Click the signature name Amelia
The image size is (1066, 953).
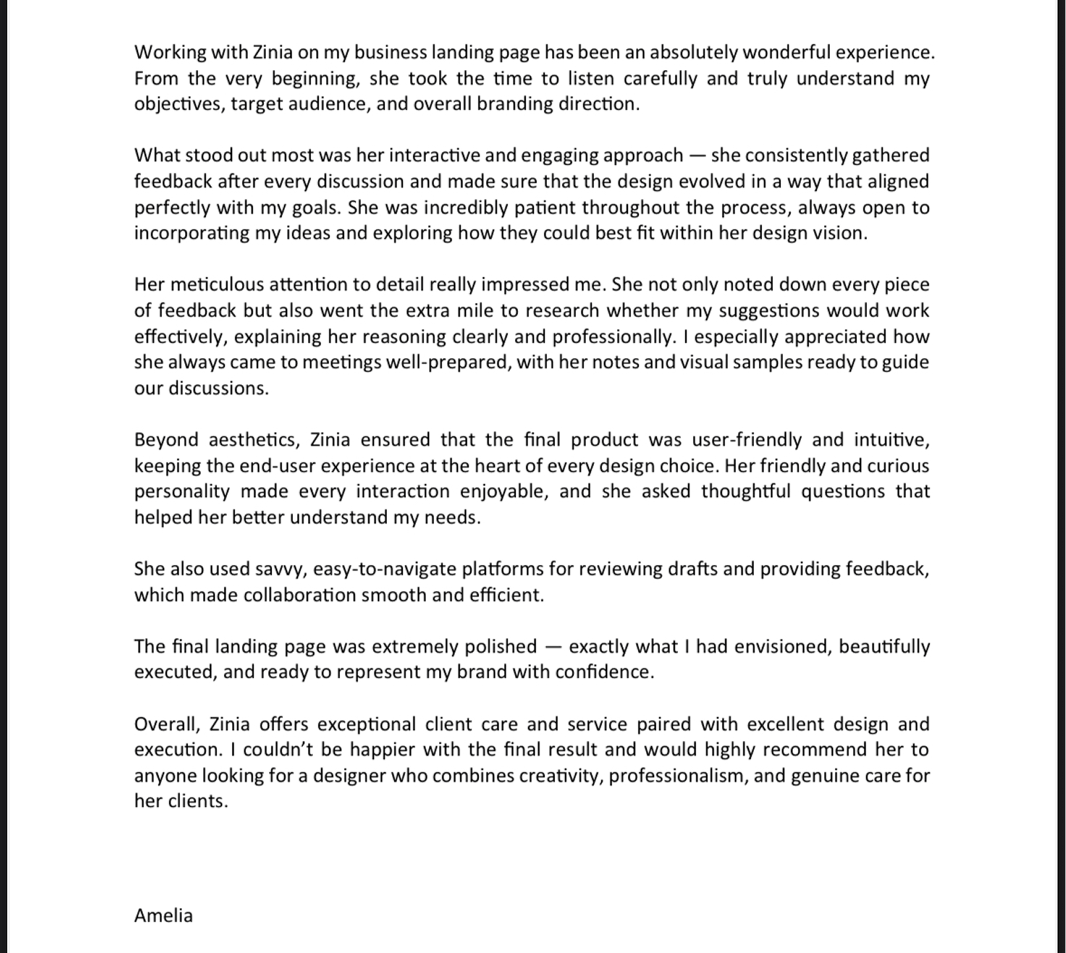point(163,915)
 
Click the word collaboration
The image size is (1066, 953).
point(299,595)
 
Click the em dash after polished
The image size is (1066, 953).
point(552,647)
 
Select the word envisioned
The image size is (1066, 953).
point(781,647)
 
